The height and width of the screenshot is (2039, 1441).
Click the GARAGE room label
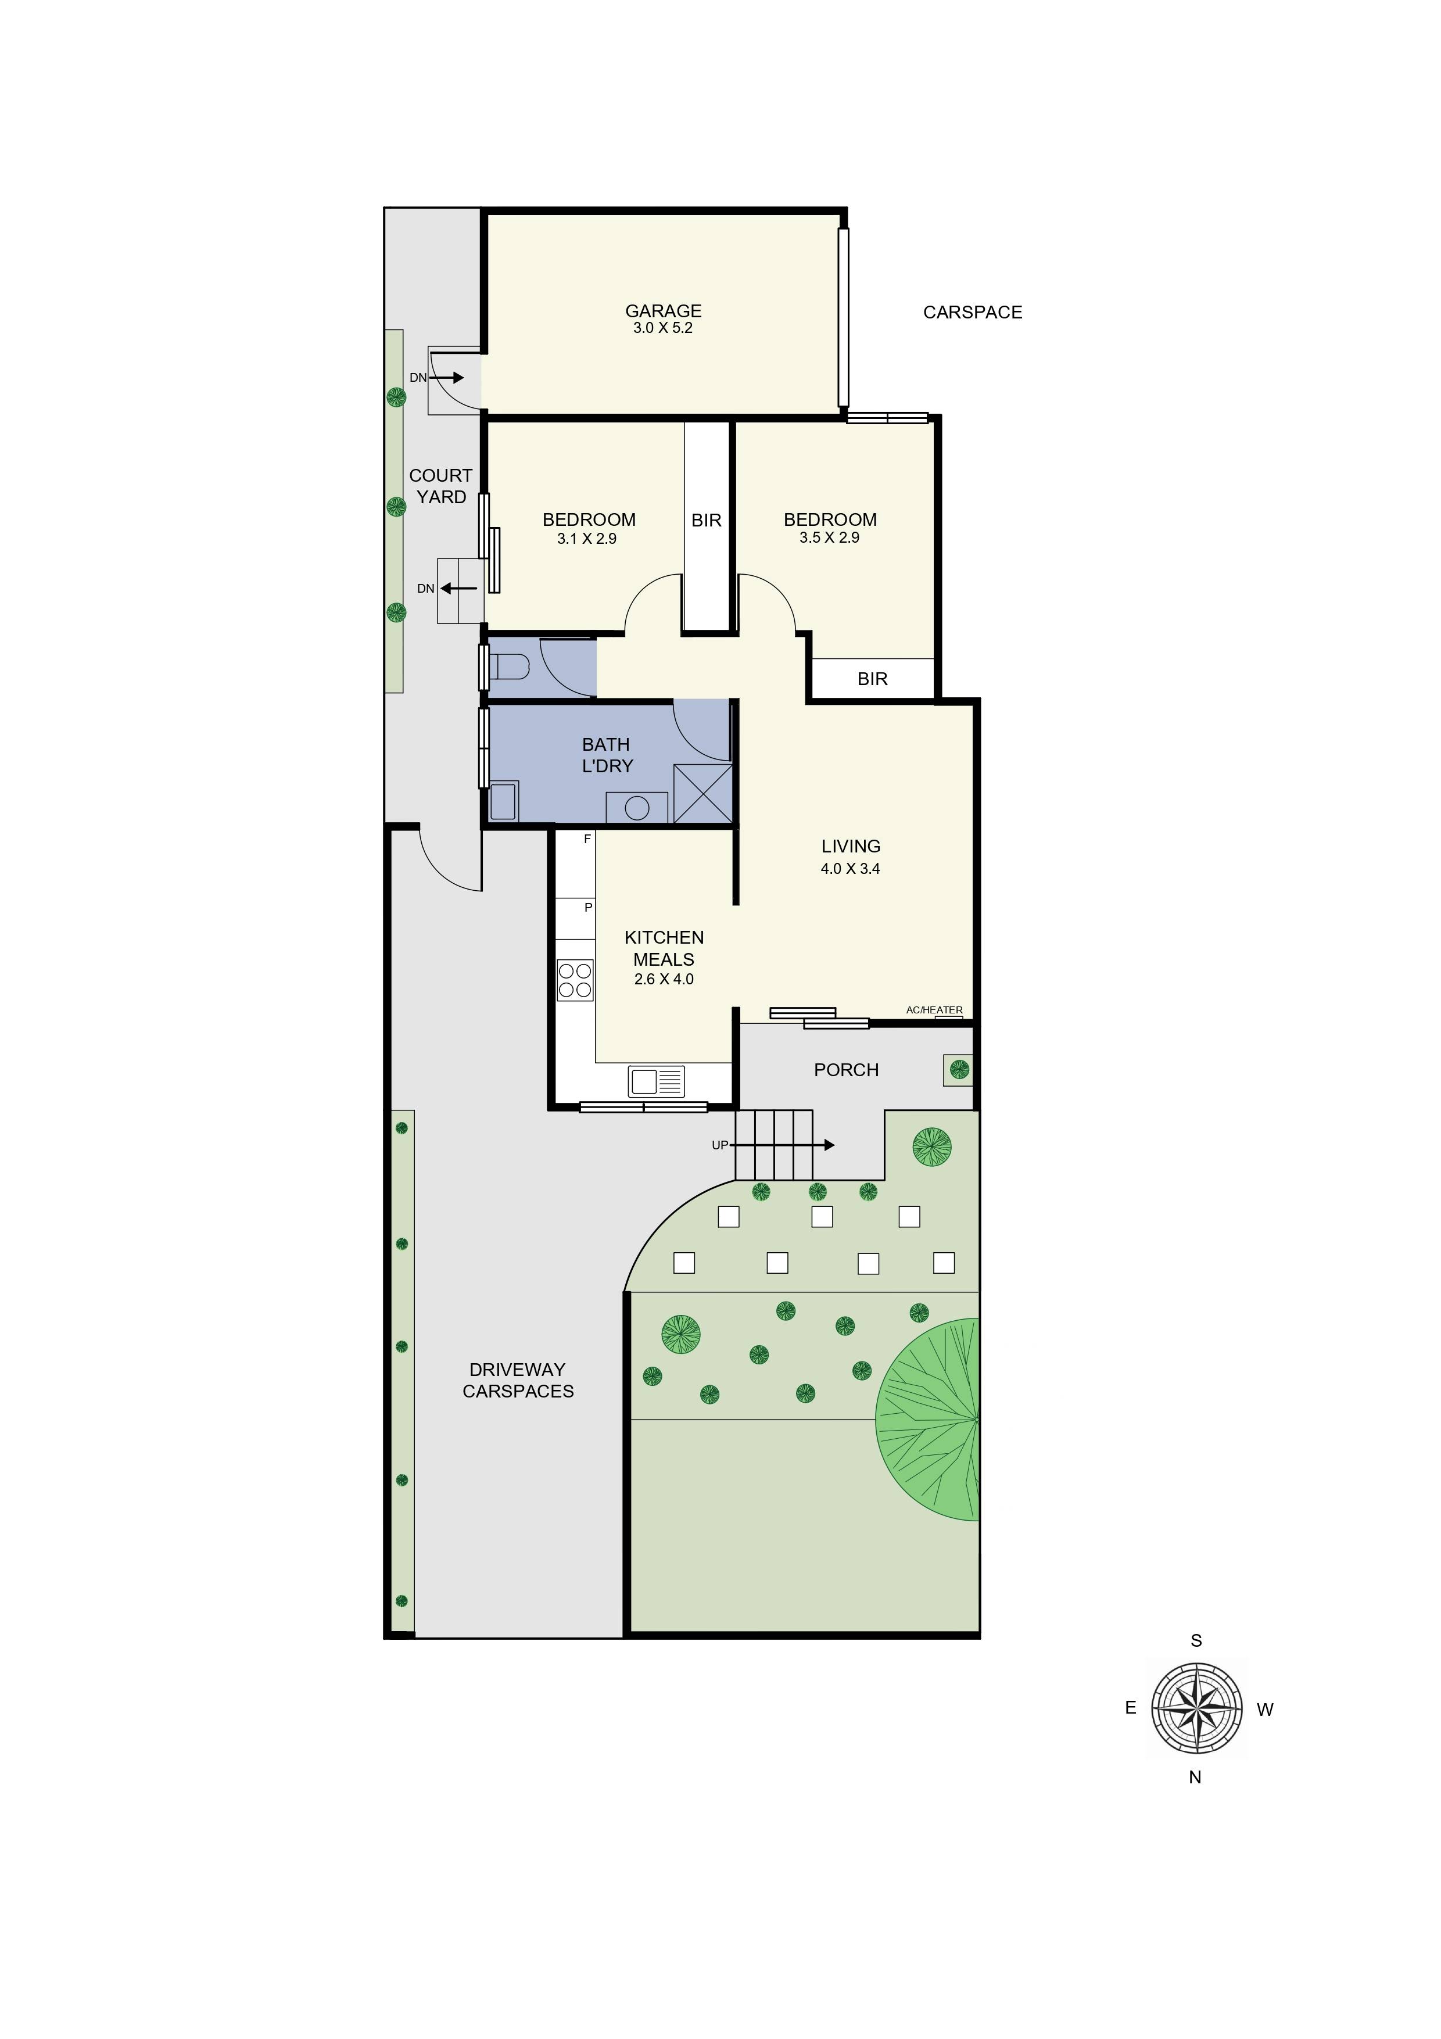[663, 311]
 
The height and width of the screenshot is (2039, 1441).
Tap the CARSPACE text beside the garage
[972, 313]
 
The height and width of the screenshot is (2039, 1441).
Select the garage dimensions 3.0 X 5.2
[662, 328]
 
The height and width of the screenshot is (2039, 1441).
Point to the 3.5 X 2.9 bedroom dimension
[829, 538]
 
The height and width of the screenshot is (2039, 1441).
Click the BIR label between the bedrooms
[707, 521]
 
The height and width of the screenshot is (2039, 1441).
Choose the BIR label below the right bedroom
[872, 679]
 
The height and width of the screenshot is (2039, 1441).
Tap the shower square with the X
[703, 793]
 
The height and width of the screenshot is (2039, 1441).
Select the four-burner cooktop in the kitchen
[575, 980]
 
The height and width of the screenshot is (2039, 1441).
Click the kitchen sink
[656, 1081]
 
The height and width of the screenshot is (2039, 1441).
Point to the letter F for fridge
[587, 839]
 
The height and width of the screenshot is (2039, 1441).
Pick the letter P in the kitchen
[588, 908]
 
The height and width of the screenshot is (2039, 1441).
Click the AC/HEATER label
[934, 1010]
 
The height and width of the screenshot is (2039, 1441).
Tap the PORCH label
[846, 1070]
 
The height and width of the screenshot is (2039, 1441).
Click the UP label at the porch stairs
[719, 1146]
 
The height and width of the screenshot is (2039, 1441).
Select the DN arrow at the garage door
[447, 378]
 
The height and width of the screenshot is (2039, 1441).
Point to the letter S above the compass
[1196, 1641]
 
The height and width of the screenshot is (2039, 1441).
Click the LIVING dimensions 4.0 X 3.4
[849, 869]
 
